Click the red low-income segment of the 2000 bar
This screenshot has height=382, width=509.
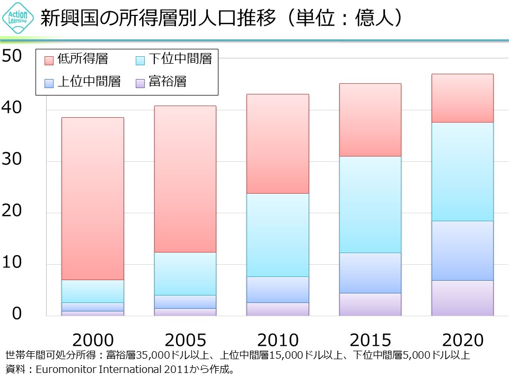click(x=93, y=198)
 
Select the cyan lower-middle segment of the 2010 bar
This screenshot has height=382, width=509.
click(x=278, y=235)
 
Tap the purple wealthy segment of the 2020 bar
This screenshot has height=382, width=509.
click(x=462, y=298)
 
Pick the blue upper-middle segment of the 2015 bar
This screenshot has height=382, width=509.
click(x=370, y=273)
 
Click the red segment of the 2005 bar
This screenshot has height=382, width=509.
click(x=185, y=179)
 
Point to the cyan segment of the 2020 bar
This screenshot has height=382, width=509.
click(x=462, y=171)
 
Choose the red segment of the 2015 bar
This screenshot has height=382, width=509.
click(x=370, y=120)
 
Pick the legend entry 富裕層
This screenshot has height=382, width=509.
click(x=168, y=82)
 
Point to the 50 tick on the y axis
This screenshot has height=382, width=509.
click(x=12, y=56)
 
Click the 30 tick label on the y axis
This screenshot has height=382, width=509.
click(x=12, y=159)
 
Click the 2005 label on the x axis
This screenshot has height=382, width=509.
click(x=185, y=340)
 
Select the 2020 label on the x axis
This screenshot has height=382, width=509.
click(x=462, y=340)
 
